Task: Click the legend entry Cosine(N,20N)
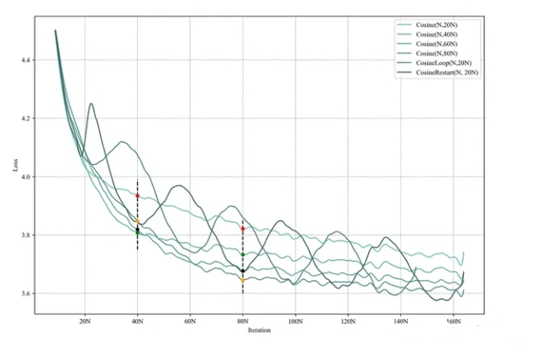point(436,25)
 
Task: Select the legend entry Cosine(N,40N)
point(436,34)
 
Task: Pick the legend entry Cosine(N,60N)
point(436,44)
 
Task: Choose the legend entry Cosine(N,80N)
point(436,53)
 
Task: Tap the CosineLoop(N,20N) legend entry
point(444,63)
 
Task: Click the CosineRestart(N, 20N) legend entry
point(447,72)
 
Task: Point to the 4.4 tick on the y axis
point(25,60)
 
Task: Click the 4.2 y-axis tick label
point(25,118)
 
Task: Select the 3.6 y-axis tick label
point(25,294)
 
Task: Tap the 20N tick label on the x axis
point(85,321)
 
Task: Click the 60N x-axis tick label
point(190,321)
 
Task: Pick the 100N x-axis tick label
point(295,321)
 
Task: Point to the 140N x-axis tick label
point(401,321)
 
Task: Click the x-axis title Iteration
point(259,331)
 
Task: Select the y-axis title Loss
point(15,165)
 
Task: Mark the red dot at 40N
point(138,196)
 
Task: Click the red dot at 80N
point(243,229)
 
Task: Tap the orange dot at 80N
point(243,280)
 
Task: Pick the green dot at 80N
point(243,255)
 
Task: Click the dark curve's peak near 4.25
point(91,103)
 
